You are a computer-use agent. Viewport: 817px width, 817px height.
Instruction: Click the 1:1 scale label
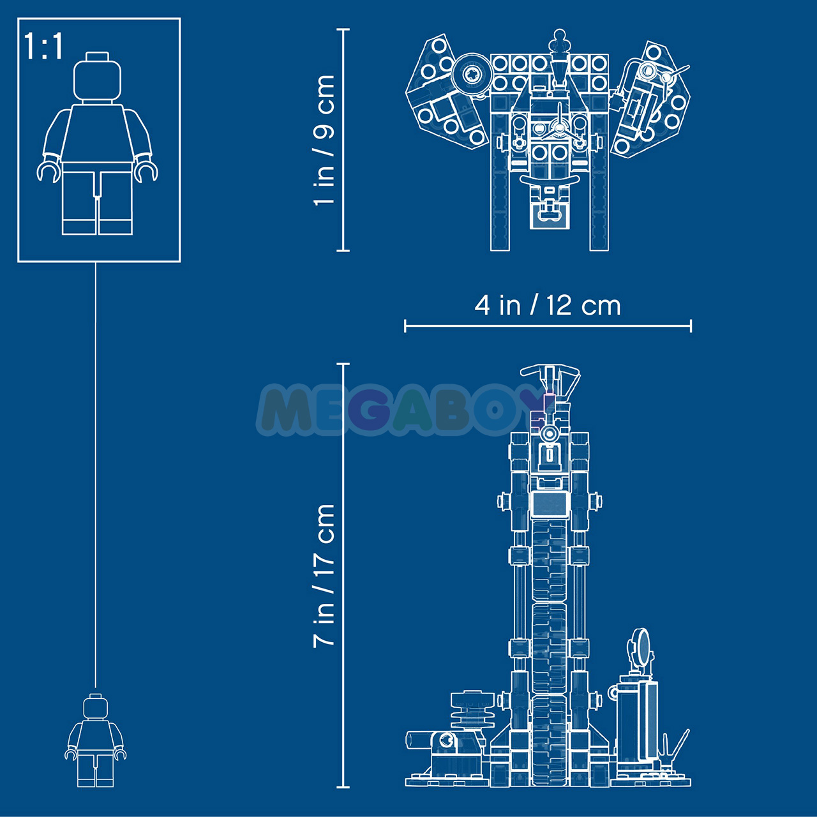pyautogui.click(x=43, y=46)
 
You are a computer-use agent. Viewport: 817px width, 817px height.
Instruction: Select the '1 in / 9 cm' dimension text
pyautogui.click(x=324, y=140)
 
